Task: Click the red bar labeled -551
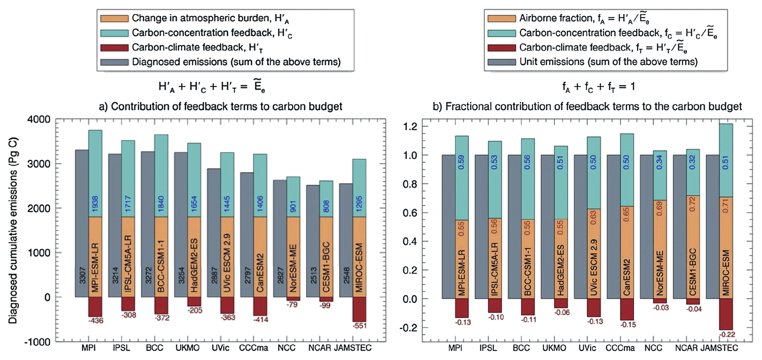(359, 309)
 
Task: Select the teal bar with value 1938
(95, 173)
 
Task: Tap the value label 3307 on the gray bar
(82, 275)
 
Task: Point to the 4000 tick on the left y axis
(40, 120)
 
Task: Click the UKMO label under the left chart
(188, 348)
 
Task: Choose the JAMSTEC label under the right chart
(719, 348)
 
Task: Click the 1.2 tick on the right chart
(409, 127)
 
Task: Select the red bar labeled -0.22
(726, 314)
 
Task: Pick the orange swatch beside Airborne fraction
(501, 18)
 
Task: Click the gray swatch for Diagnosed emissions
(114, 62)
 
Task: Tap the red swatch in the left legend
(114, 48)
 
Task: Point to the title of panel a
(220, 106)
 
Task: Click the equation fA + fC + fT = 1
(598, 87)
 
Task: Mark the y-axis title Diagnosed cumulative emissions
(13, 231)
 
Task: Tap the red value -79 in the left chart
(292, 305)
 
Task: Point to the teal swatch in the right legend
(501, 33)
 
